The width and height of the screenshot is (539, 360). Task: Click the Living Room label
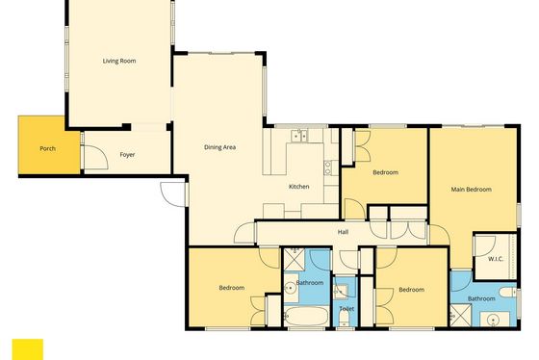point(119,61)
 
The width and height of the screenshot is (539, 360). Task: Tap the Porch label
point(48,148)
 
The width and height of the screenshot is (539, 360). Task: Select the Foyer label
point(127,155)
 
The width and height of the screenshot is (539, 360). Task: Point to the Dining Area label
point(220,147)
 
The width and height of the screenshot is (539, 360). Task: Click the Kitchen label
point(298,187)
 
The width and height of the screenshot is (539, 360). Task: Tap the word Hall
point(343,232)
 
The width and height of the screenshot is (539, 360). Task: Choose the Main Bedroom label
point(472,189)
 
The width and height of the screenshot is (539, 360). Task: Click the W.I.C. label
point(496,259)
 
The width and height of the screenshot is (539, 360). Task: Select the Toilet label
point(346,308)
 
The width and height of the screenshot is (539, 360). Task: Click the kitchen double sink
point(299,135)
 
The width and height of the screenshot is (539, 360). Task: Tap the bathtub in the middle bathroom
point(307,316)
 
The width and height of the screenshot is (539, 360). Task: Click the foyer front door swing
point(96,158)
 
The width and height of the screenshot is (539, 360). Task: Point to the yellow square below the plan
point(28,349)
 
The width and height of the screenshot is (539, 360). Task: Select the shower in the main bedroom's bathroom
point(461,315)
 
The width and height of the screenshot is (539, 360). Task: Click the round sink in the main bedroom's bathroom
point(493,321)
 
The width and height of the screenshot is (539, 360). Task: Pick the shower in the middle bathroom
point(295,260)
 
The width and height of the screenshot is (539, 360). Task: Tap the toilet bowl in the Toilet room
point(345,319)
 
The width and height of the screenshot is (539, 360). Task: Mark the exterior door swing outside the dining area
point(172,194)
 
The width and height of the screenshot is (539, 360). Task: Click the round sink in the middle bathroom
point(291,289)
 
